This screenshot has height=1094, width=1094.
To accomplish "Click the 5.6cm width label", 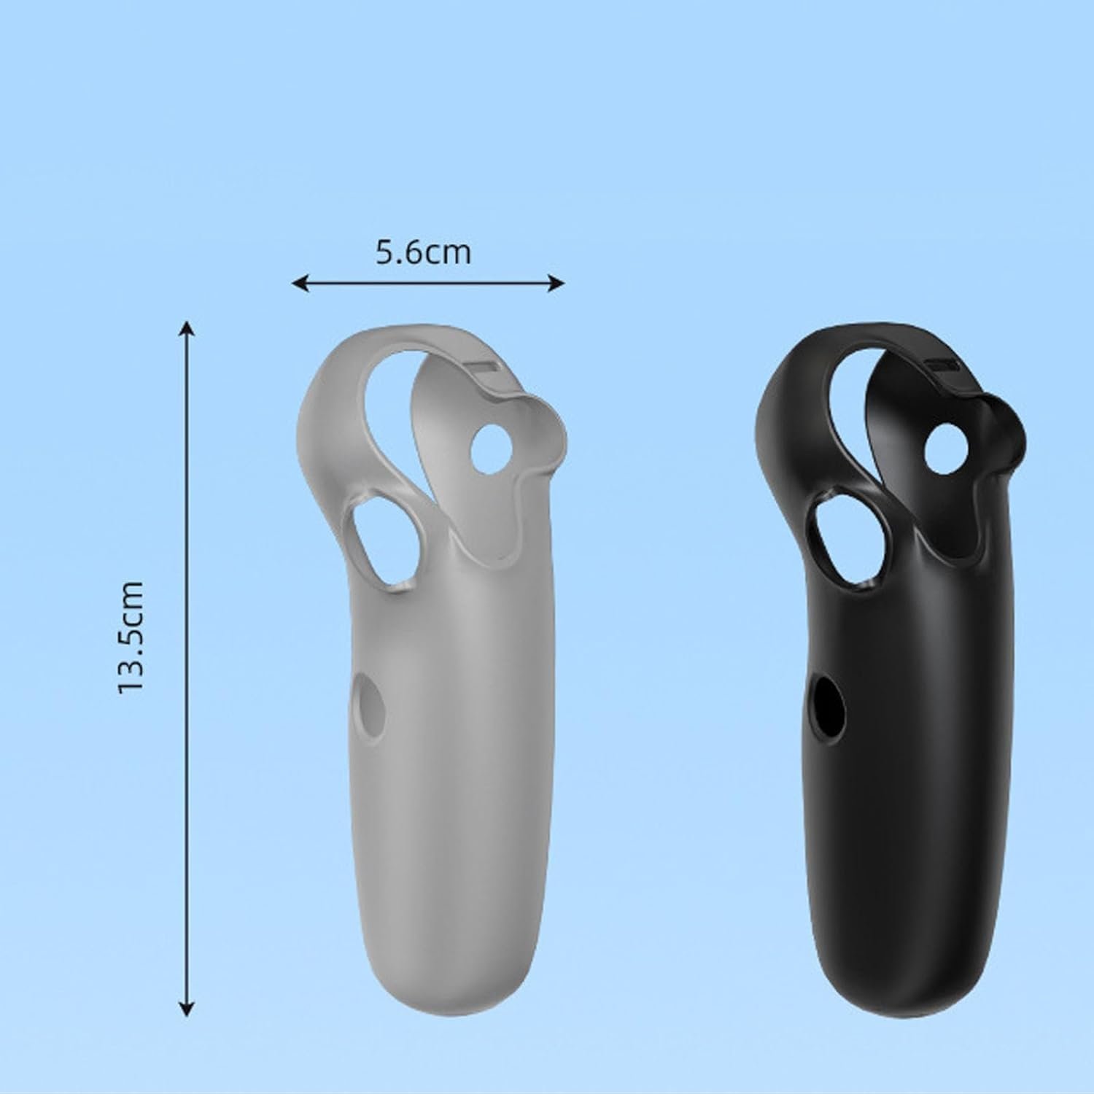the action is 423,252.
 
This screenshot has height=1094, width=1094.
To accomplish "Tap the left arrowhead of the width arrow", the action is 300,283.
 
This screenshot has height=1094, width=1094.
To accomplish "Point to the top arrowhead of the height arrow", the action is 187,329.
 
